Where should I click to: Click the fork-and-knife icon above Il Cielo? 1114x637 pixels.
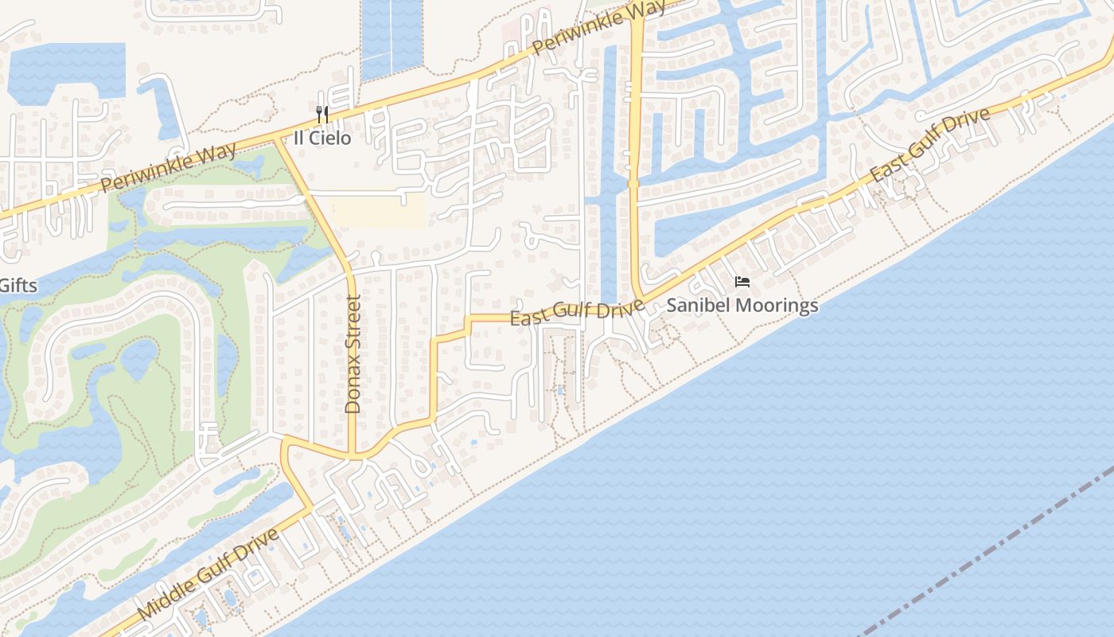tap(322, 115)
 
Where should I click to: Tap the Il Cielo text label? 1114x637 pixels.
tap(322, 138)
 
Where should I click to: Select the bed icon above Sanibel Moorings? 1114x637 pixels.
tap(742, 282)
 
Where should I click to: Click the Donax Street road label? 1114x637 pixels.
tap(353, 354)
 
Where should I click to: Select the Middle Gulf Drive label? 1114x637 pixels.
tap(208, 573)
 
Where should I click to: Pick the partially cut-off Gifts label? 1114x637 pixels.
tap(18, 285)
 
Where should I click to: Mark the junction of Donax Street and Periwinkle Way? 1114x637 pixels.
tap(276, 140)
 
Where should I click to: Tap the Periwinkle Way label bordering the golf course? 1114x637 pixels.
tap(168, 169)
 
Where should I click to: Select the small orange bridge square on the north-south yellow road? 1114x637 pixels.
tap(634, 184)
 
